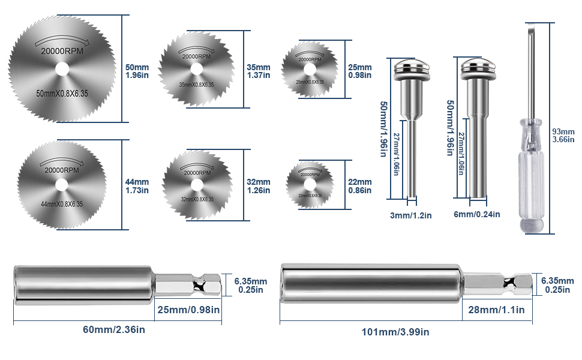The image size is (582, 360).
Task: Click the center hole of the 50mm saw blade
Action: tap(62, 69)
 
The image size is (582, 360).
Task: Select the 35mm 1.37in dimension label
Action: tap(259, 71)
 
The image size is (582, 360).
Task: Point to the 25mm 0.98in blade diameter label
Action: tap(360, 71)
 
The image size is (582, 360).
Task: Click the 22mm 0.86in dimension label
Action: tap(360, 186)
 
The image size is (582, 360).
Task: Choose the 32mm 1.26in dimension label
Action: tap(259, 186)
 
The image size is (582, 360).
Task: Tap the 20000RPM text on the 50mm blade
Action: tap(62, 51)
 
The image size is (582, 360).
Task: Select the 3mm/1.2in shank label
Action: tap(410, 215)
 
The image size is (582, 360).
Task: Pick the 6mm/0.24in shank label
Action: tap(478, 214)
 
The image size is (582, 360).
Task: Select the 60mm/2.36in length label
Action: tap(113, 329)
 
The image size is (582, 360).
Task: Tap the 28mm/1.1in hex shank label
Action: tap(494, 310)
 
